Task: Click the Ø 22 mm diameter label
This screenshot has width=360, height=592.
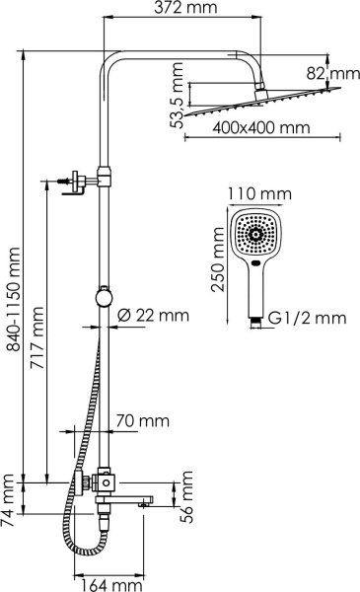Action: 153,316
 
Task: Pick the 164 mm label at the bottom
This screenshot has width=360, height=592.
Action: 109,583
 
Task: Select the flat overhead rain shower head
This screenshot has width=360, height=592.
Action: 263,104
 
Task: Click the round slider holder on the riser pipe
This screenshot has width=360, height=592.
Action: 104,296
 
